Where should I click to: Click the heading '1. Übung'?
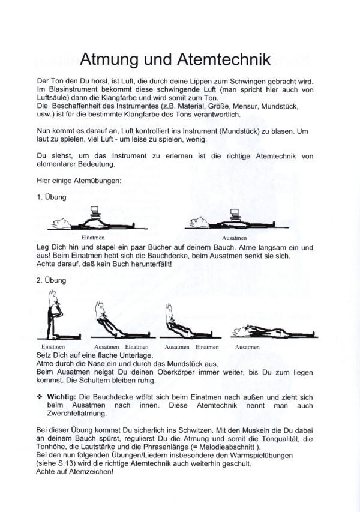click(51, 197)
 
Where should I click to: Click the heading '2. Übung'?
click(51, 279)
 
